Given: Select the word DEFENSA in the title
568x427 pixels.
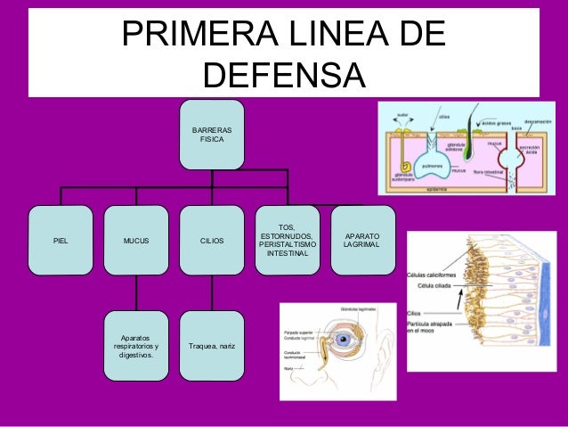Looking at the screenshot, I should pyautogui.click(x=284, y=76).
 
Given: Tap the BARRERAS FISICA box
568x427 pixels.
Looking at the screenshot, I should pyautogui.click(x=212, y=135).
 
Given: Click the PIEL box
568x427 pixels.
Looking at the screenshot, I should pyautogui.click(x=61, y=240).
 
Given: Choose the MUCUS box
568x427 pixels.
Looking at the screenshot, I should pyautogui.click(x=136, y=240).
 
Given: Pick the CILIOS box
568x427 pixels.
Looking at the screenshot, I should pyautogui.click(x=212, y=240).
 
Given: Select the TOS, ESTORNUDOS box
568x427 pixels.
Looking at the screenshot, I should pyautogui.click(x=288, y=240).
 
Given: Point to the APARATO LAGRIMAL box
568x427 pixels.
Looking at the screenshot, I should pyautogui.click(x=362, y=239).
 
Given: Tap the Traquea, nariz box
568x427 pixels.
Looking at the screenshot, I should pyautogui.click(x=212, y=345).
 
